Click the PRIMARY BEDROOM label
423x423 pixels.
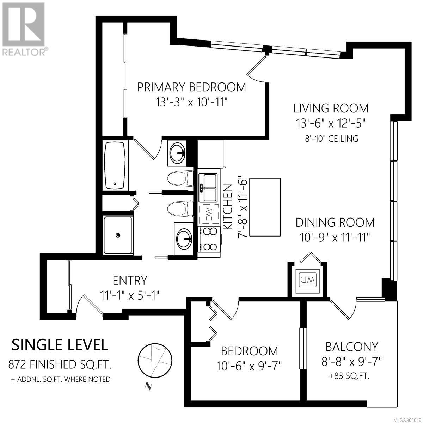[191, 87]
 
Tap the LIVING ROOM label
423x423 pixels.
[331, 109]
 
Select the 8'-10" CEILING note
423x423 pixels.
[332, 139]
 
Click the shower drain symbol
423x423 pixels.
[118, 235]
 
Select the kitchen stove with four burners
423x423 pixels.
[209, 239]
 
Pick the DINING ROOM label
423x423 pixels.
[335, 222]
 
